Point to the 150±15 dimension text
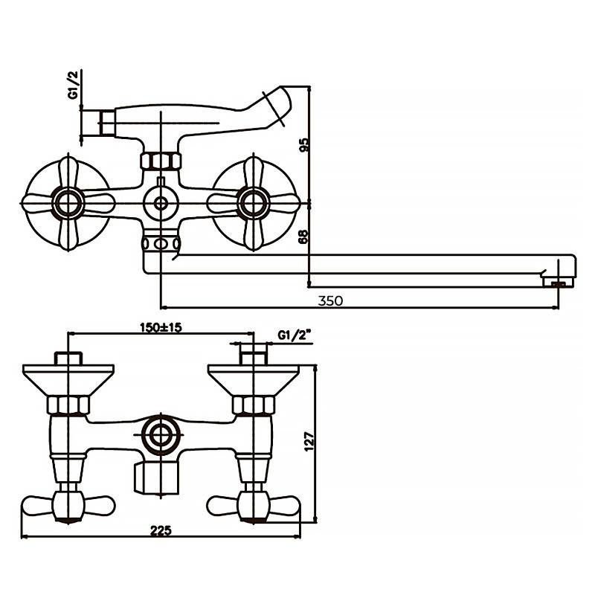coord(161,328)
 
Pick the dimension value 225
coord(161,530)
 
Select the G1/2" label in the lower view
coord(293,336)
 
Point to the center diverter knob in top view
coord(160,202)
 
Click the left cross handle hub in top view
coord(68,202)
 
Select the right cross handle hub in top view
coord(252,202)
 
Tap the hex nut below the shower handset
coord(160,161)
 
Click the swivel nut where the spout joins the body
coord(160,243)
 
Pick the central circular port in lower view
coord(160,434)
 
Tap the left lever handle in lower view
coord(68,506)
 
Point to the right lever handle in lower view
coord(253,506)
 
